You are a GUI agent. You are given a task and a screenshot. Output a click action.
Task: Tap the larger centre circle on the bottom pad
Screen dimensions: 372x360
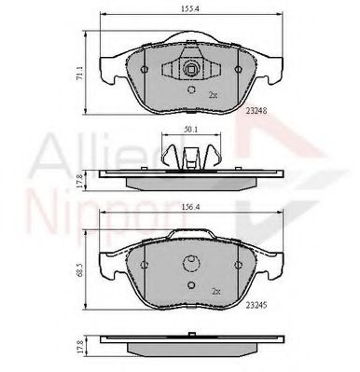[190, 264]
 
